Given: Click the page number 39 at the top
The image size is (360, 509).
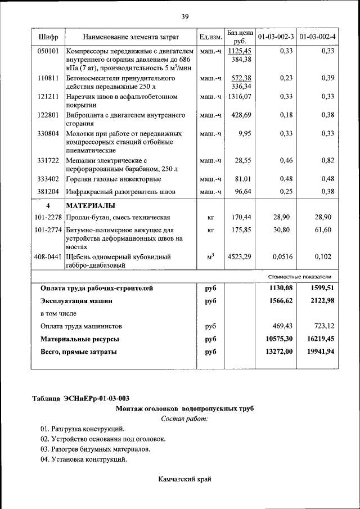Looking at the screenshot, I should pos(184,16).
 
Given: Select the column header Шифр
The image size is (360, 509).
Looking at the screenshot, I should pos(48,37).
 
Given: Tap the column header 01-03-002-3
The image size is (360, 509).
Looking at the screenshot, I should pos(276,37).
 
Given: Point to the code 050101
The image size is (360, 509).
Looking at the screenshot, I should pos(48,51).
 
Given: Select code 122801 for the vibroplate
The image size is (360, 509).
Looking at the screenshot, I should pos(48,115).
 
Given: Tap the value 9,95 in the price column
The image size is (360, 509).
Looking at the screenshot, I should pos(244,133).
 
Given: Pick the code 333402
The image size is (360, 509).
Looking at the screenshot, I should pos(48,179).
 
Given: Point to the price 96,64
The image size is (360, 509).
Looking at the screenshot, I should pos(242,192).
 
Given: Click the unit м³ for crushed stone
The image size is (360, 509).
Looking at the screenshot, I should pos(211,257).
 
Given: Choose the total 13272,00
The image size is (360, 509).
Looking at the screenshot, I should pos(278,352).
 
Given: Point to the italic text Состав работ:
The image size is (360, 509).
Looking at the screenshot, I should pos(184,418).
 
